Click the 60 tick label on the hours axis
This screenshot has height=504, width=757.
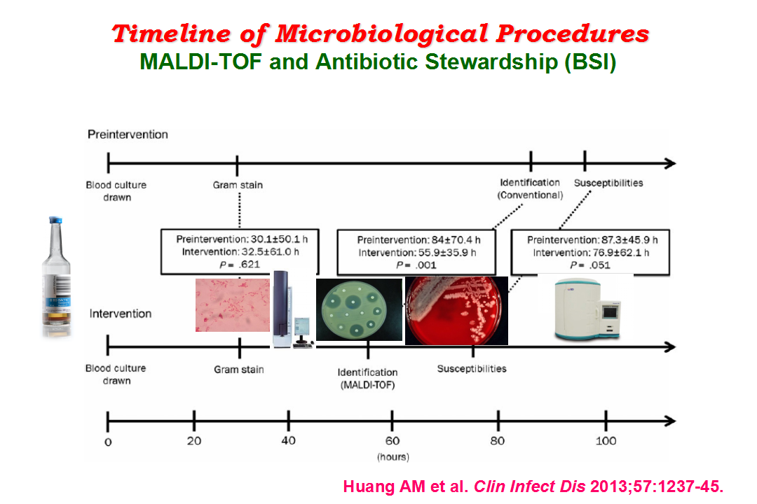pyautogui.click(x=393, y=441)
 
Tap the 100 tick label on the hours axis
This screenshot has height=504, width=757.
pyautogui.click(x=606, y=441)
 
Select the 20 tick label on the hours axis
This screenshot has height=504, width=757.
pyautogui.click(x=194, y=441)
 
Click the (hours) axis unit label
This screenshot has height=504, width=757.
pyautogui.click(x=393, y=456)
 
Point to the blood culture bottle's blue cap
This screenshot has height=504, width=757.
pyautogui.click(x=55, y=220)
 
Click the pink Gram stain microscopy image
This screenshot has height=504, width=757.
pyautogui.click(x=233, y=304)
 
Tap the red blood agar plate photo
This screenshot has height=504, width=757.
pyautogui.click(x=456, y=311)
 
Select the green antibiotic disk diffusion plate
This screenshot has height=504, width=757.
pyautogui.click(x=359, y=309)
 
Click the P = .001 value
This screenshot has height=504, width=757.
pyautogui.click(x=416, y=265)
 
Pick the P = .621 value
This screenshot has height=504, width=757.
pyautogui.click(x=240, y=265)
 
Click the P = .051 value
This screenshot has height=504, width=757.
pyautogui.click(x=590, y=265)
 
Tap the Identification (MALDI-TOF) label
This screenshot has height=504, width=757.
pyautogui.click(x=368, y=379)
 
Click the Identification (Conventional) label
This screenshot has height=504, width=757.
pyautogui.click(x=530, y=188)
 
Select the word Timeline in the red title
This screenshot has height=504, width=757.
pyautogui.click(x=172, y=34)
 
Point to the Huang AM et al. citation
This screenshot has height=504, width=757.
pyautogui.click(x=406, y=486)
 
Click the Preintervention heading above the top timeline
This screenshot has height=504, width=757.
pyautogui.click(x=128, y=134)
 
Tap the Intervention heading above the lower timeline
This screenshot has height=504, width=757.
pyautogui.click(x=121, y=314)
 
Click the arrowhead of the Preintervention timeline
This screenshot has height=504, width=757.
pyautogui.click(x=670, y=164)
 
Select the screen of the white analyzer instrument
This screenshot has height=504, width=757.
pyautogui.click(x=611, y=313)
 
